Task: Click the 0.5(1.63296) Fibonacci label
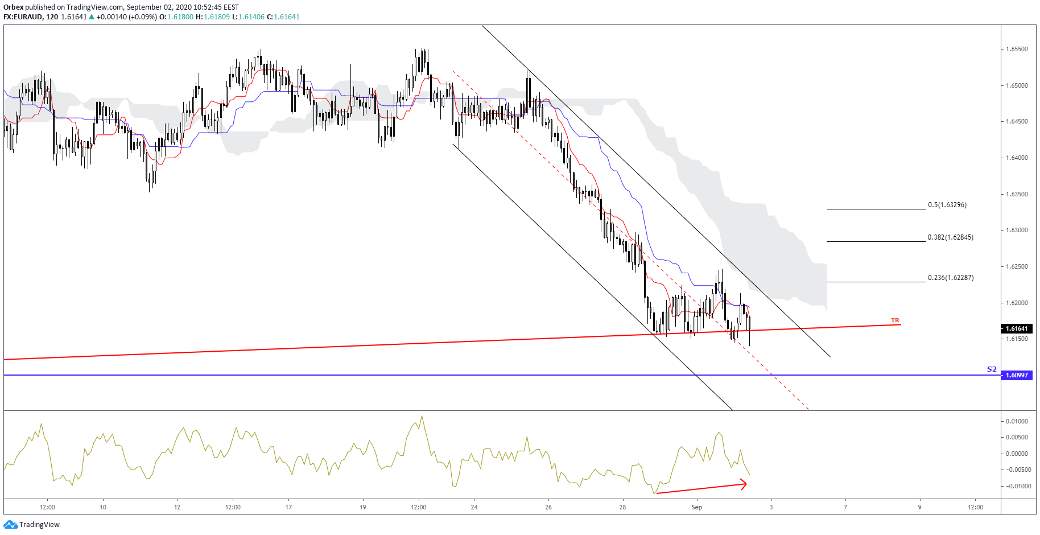(x=947, y=205)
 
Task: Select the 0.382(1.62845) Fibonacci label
(x=950, y=237)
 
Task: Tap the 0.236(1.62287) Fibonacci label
(x=950, y=278)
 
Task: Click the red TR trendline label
(x=895, y=320)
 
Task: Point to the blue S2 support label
(x=992, y=369)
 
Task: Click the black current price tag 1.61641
(x=1017, y=328)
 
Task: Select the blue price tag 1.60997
(x=1017, y=375)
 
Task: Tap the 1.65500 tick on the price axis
(x=1017, y=50)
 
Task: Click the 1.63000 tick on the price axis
(x=1017, y=231)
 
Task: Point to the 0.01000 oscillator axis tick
(x=1017, y=421)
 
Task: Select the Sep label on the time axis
(x=697, y=507)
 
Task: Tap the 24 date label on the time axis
(x=474, y=507)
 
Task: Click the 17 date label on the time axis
(x=288, y=507)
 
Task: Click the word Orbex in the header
(x=13, y=7)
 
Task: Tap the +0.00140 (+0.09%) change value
(x=126, y=17)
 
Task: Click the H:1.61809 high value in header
(x=213, y=17)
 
